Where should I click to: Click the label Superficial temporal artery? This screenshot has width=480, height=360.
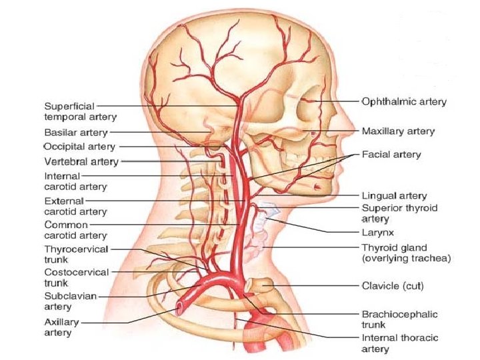pos(80,111)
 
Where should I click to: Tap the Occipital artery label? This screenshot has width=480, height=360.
pos(79,146)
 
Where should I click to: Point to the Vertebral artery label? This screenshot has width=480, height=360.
pos(80,161)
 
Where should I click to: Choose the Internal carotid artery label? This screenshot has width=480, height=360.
pos(75,181)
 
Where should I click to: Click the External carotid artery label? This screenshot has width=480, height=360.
pos(75,206)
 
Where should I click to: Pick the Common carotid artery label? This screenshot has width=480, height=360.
pos(75,230)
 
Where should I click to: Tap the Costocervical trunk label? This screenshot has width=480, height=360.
pos(75,278)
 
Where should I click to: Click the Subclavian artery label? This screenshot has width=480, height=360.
pos(67,301)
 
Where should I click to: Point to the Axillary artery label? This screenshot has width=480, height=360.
pos(61,327)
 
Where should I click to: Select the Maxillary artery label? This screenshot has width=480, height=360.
pos(398,131)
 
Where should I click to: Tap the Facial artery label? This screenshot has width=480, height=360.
pos(391,155)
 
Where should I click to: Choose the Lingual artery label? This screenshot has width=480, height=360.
pos(393,196)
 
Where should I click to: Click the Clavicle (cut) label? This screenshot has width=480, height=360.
pos(393,286)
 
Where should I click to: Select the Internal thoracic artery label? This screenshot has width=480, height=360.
pos(399,343)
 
